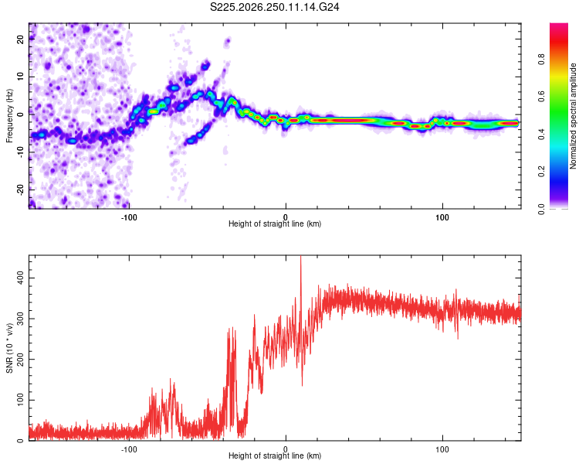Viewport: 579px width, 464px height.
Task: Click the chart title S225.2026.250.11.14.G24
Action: point(274,7)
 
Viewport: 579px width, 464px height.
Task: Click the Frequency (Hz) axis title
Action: point(9,116)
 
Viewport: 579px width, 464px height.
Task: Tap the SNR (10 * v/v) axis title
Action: point(9,348)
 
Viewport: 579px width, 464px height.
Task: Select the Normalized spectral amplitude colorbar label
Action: point(573,116)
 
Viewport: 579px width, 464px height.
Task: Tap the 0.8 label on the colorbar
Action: point(541,60)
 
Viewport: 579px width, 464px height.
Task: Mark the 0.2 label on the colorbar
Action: point(541,171)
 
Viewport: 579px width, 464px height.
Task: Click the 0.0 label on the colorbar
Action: point(541,209)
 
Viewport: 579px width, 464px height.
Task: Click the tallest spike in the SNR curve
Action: point(300,257)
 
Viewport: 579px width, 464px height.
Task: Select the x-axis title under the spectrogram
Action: point(275,223)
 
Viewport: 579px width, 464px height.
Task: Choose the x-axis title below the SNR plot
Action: point(275,455)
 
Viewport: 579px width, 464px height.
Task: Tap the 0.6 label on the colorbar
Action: point(541,97)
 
